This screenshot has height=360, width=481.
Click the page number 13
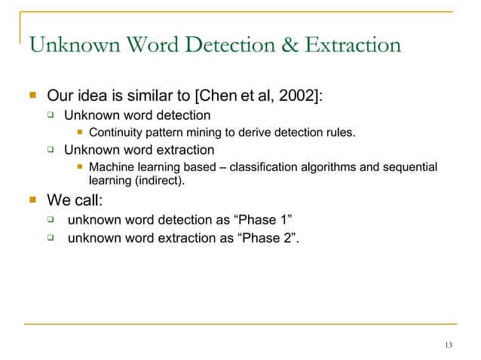[x=449, y=345]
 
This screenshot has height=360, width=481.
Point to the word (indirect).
[x=159, y=181]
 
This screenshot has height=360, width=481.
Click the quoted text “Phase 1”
[x=264, y=220]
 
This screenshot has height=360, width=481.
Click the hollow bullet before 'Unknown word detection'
[x=51, y=115]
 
